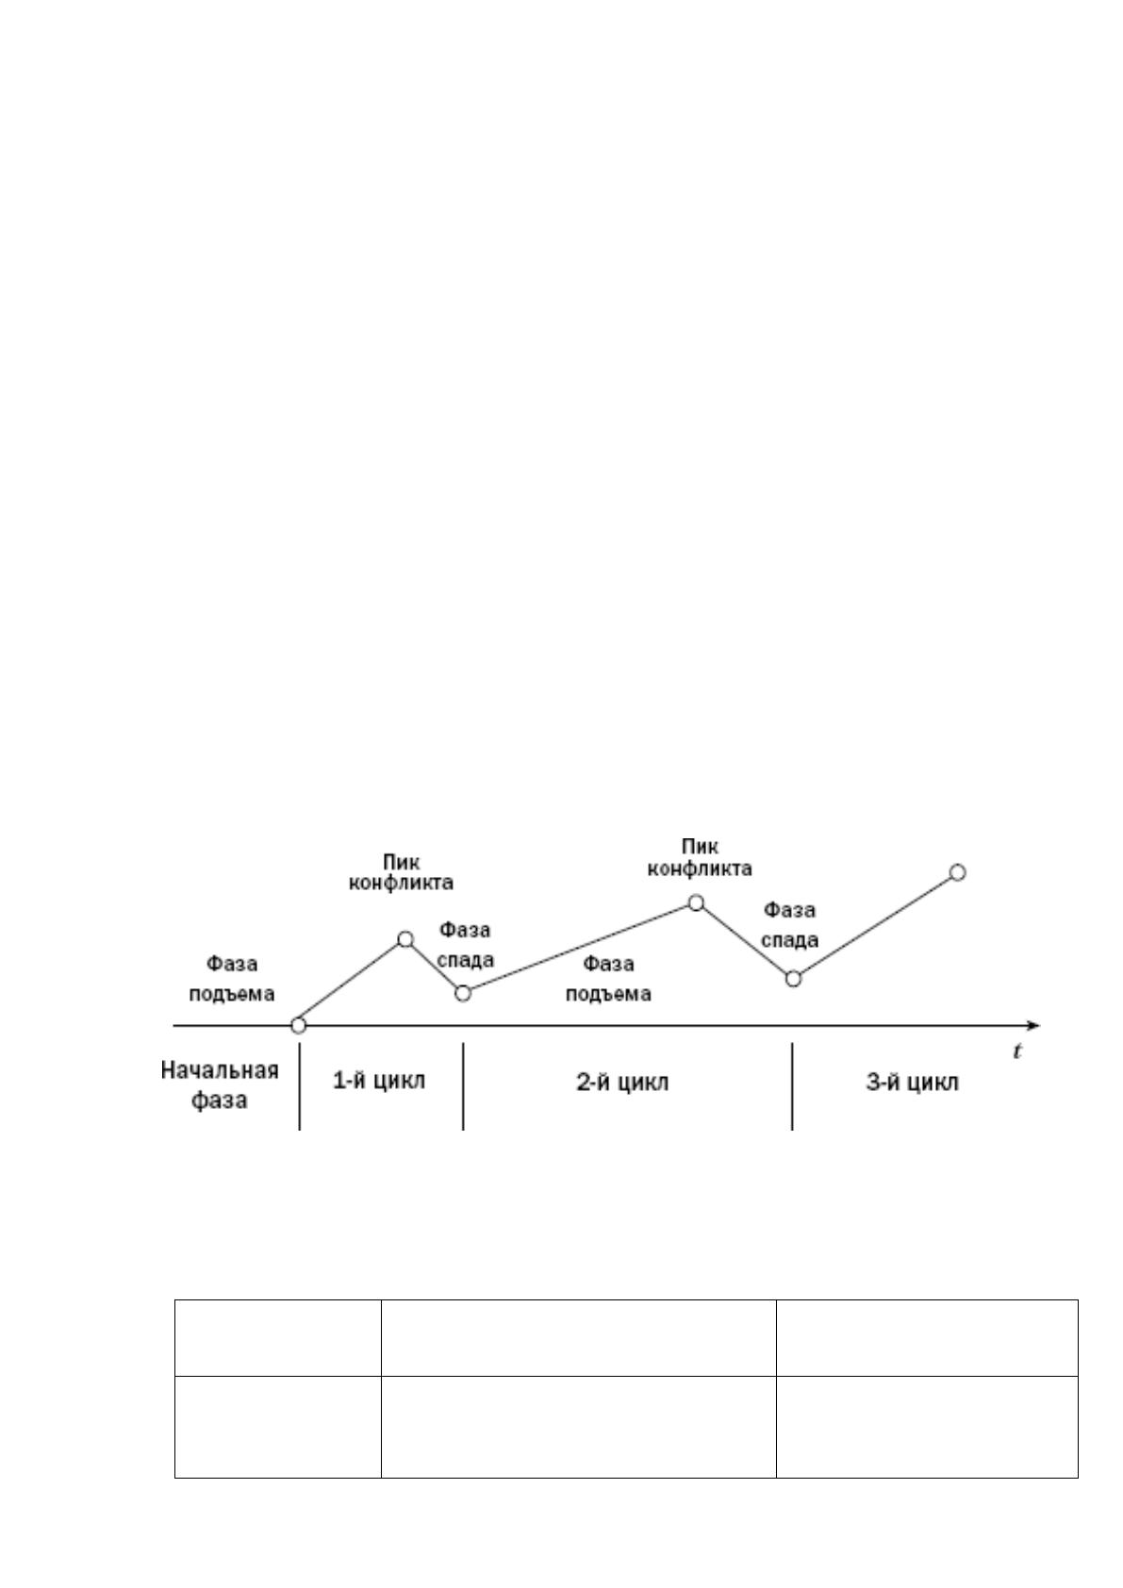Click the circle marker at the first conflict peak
(405, 939)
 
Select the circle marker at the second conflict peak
(696, 902)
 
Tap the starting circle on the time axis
(299, 1025)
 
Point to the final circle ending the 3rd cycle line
(957, 872)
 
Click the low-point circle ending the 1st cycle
(463, 993)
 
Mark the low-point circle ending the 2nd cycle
(793, 978)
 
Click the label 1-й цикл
(379, 1081)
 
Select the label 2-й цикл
(622, 1083)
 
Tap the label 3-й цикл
(913, 1083)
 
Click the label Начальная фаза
(220, 1084)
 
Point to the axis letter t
(1017, 1050)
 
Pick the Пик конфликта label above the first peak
(402, 872)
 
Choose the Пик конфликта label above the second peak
(700, 857)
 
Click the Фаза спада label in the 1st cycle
(465, 944)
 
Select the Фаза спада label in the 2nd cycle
(790, 924)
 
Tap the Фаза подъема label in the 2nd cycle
(608, 978)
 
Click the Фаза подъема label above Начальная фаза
(232, 978)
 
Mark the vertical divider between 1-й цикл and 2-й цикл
(464, 1086)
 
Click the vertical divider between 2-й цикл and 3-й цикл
(793, 1086)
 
